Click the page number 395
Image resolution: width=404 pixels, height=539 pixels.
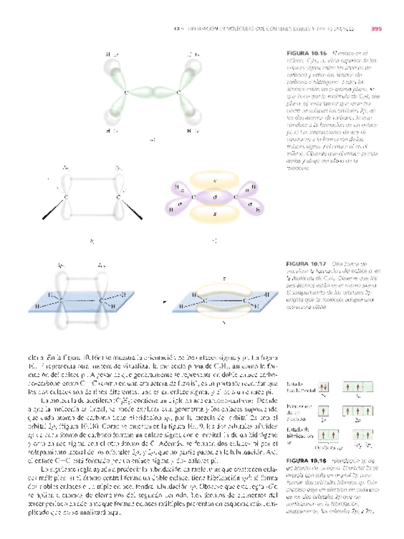(x=375, y=27)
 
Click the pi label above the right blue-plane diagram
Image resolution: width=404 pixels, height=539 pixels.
(x=224, y=278)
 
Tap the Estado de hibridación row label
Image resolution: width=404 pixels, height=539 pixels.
(x=299, y=434)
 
